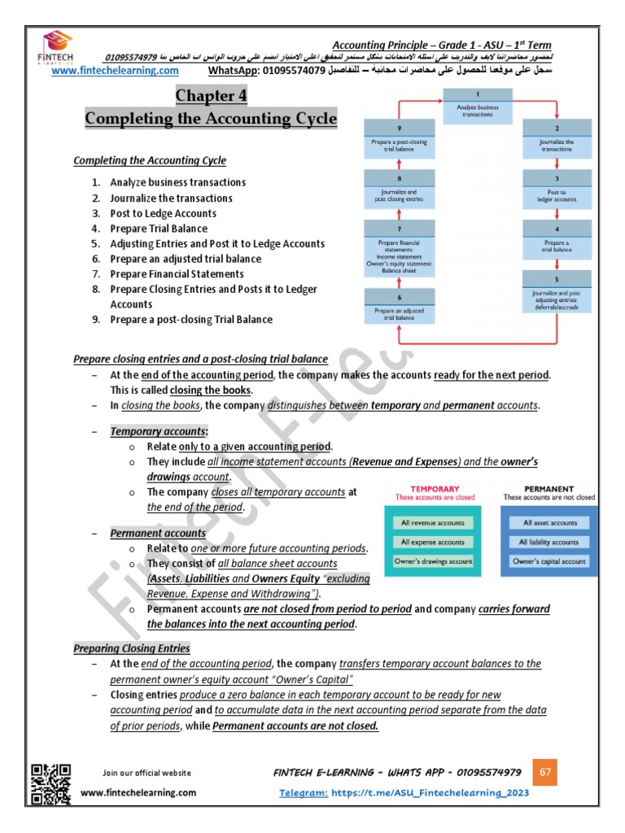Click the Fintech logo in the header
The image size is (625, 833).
[58, 48]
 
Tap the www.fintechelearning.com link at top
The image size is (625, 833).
[115, 71]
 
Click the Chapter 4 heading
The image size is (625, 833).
[211, 97]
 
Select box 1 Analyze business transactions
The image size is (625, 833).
[478, 110]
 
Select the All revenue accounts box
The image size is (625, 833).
[433, 523]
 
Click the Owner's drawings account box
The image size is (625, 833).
[433, 561]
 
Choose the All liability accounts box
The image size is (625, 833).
[549, 542]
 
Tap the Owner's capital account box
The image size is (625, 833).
[549, 561]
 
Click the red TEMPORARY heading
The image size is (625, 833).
[432, 489]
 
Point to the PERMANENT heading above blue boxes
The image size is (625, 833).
[549, 489]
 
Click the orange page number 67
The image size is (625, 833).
[545, 771]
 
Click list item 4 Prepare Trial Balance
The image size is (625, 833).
[159, 229]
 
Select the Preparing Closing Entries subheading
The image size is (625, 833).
[132, 648]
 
